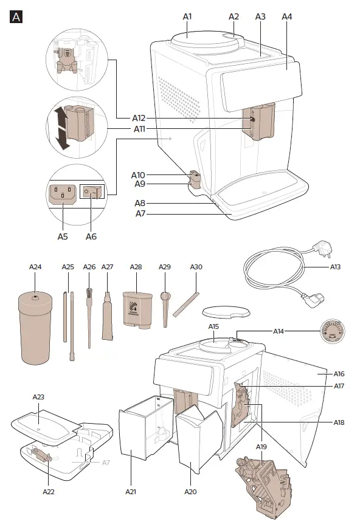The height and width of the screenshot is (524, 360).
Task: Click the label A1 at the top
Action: pyautogui.click(x=187, y=16)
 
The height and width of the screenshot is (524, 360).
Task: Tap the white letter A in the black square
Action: pyautogui.click(x=17, y=17)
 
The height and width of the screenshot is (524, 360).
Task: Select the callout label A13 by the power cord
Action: pyautogui.click(x=335, y=266)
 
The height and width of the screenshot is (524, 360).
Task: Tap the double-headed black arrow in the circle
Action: pyautogui.click(x=60, y=126)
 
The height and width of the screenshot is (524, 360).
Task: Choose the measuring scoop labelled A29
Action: pyautogui.click(x=165, y=307)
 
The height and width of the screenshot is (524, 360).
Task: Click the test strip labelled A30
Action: pyautogui.click(x=186, y=303)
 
